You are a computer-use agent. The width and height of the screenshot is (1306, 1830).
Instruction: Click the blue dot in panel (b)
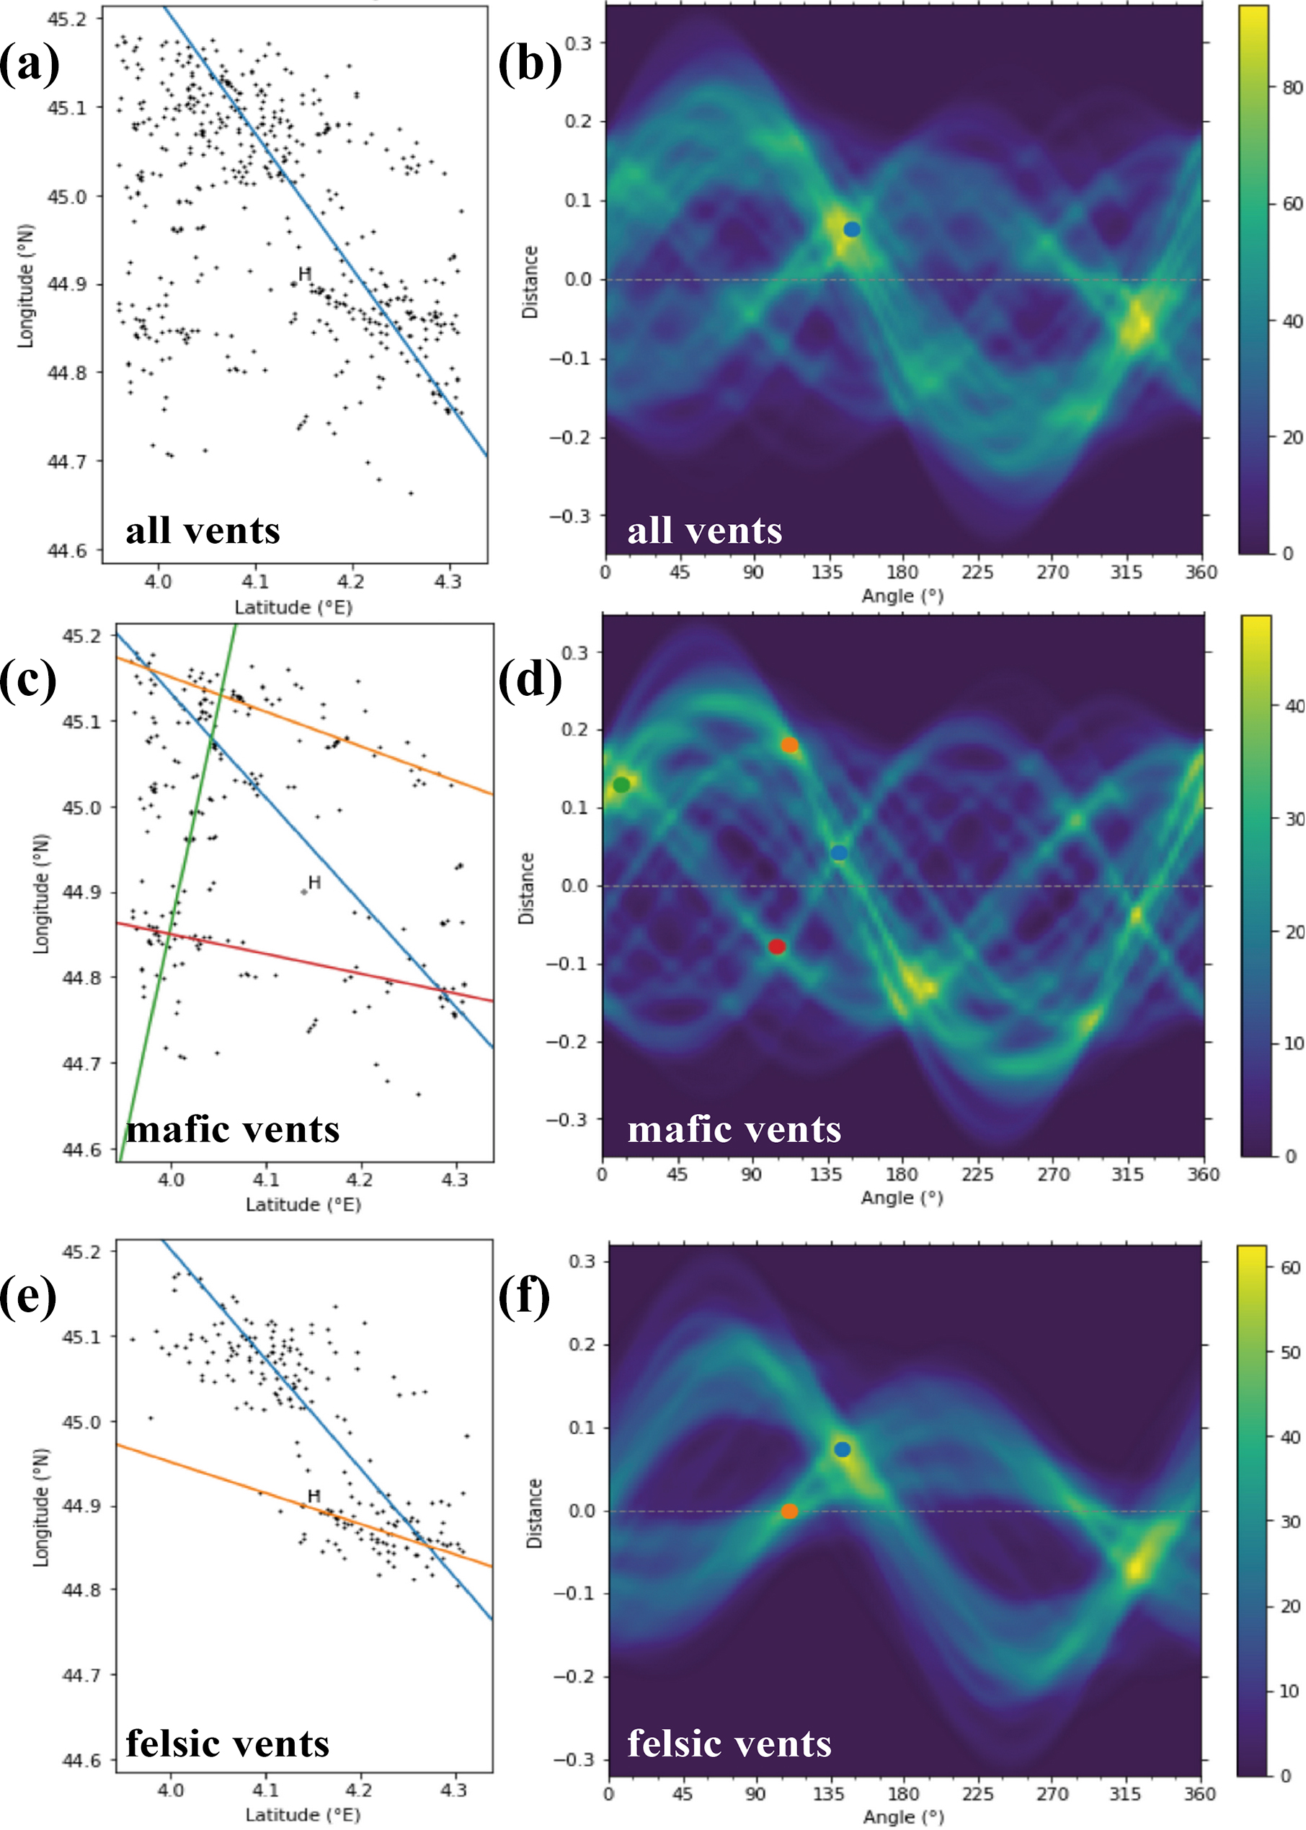tap(852, 229)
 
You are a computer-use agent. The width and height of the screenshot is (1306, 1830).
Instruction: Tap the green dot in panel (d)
tap(621, 784)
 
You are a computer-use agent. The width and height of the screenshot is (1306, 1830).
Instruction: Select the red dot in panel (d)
tap(776, 947)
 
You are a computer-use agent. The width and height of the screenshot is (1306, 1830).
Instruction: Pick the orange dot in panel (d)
tap(790, 746)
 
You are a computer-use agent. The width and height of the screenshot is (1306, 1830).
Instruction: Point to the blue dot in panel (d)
tap(839, 853)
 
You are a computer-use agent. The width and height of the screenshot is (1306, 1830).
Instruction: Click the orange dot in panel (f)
tap(790, 1511)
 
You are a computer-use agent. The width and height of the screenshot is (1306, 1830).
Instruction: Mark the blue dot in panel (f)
tap(842, 1449)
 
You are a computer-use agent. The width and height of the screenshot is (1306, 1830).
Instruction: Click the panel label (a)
tap(30, 64)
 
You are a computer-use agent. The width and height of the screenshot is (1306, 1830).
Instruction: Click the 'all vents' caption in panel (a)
tap(203, 530)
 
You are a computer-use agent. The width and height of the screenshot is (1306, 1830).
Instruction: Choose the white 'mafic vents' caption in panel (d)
tap(734, 1129)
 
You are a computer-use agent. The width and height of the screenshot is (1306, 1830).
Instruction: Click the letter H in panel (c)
tap(314, 883)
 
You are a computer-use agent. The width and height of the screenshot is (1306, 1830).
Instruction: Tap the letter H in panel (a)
tap(305, 273)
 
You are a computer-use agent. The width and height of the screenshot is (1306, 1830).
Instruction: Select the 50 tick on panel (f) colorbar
tap(1290, 1352)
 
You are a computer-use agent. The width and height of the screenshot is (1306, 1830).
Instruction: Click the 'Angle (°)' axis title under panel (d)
tap(902, 1198)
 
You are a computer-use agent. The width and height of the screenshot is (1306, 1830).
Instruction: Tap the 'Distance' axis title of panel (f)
tap(534, 1513)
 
